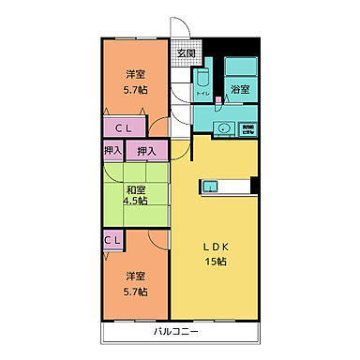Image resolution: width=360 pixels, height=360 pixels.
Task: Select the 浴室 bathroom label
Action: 240,90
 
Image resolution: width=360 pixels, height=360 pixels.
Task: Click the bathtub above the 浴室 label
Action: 240,67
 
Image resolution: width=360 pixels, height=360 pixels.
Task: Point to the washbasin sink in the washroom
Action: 223,129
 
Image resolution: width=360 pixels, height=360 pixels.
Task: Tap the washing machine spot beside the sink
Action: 247,130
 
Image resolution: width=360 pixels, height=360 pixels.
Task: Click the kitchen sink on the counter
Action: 210,185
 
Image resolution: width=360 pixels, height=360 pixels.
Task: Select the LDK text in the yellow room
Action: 215,247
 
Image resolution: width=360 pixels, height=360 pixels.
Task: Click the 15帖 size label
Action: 215,261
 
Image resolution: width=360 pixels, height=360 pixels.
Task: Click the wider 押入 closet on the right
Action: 146,150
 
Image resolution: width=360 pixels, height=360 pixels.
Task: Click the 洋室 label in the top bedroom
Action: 137,74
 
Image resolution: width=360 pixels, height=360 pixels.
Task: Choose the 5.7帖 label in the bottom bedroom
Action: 137,291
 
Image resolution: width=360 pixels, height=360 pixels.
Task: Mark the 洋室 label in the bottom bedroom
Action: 137,277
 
